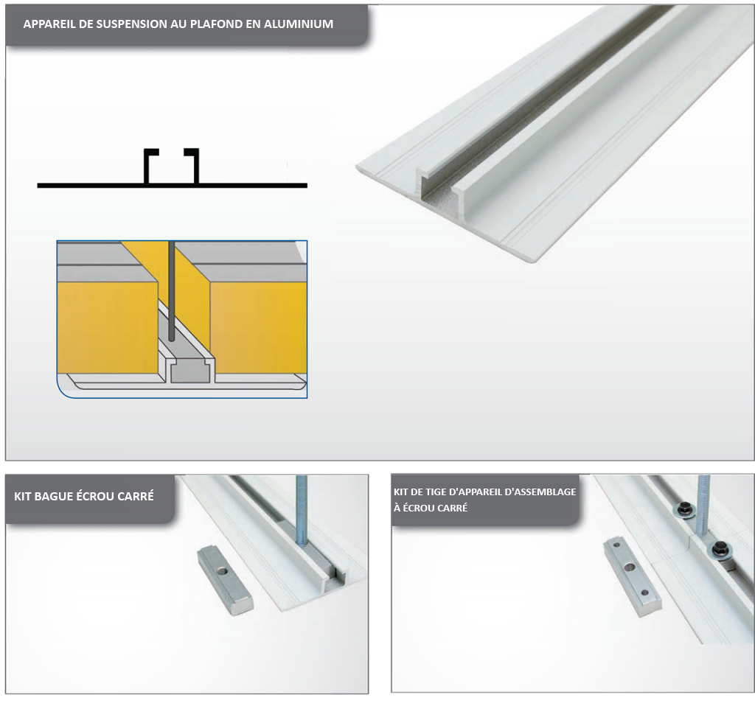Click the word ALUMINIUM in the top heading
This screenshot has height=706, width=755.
pyautogui.click(x=299, y=24)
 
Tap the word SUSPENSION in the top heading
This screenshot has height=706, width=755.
pyautogui.click(x=127, y=24)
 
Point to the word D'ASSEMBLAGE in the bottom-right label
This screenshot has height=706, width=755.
pyautogui.click(x=537, y=492)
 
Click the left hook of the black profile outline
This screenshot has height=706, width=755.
pyautogui.click(x=150, y=166)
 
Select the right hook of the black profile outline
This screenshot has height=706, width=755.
pyautogui.click(x=192, y=166)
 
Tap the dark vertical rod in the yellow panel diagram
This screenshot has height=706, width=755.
pyautogui.click(x=171, y=290)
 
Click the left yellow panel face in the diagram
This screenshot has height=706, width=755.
pyautogui.click(x=108, y=327)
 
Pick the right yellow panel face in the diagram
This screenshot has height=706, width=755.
pyautogui.click(x=259, y=327)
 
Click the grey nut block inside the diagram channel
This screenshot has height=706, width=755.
pyautogui.click(x=190, y=371)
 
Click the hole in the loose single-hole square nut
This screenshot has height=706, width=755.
pyautogui.click(x=223, y=571)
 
